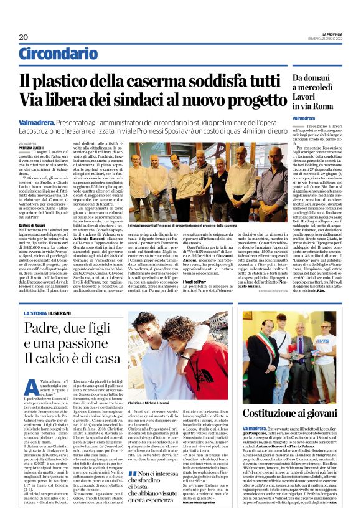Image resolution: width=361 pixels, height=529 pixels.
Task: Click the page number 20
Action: (x=23, y=36)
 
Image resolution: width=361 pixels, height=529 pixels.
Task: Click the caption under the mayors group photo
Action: (x=180, y=225)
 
